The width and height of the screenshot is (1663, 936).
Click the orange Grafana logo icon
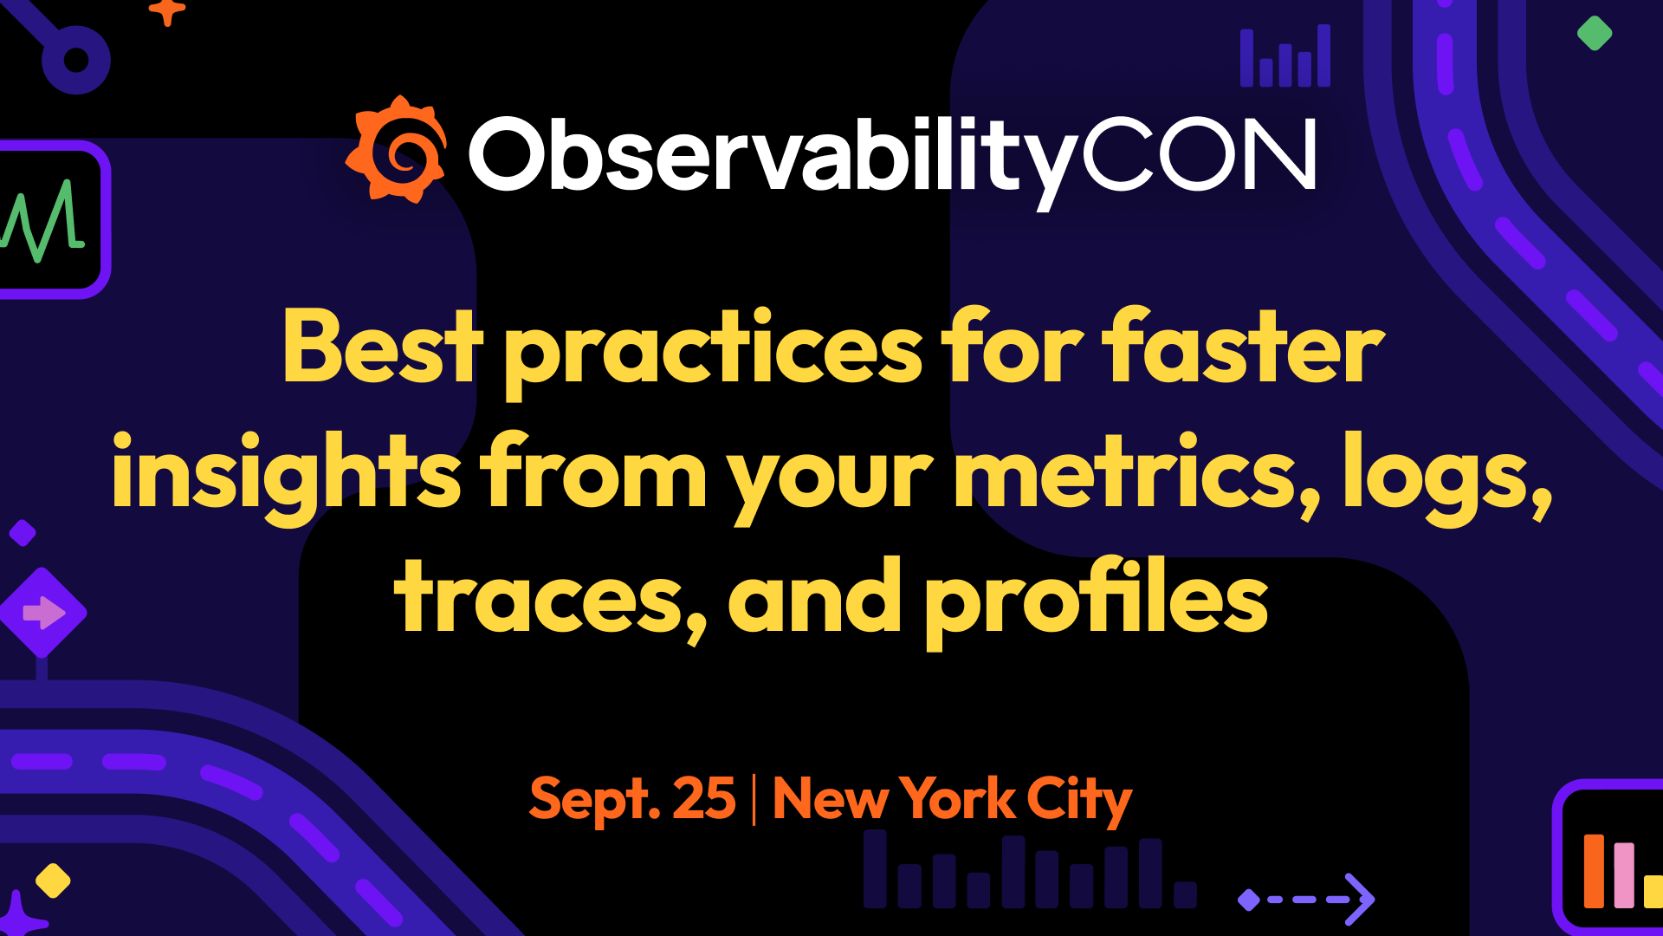397,149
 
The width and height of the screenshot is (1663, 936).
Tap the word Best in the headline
383,347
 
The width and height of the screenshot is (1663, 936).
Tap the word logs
1446,477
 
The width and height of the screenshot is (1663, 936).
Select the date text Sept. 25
632,798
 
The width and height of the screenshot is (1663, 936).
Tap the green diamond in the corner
1595,34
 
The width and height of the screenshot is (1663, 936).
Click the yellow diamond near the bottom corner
53,881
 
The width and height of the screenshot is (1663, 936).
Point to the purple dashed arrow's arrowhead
1360,899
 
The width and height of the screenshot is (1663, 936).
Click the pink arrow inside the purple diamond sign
43,613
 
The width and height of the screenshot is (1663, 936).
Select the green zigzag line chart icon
42,220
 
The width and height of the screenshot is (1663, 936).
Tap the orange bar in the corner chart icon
1594,871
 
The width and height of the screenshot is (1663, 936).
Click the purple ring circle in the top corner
76,60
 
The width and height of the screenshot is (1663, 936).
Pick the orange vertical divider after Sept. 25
754,799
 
